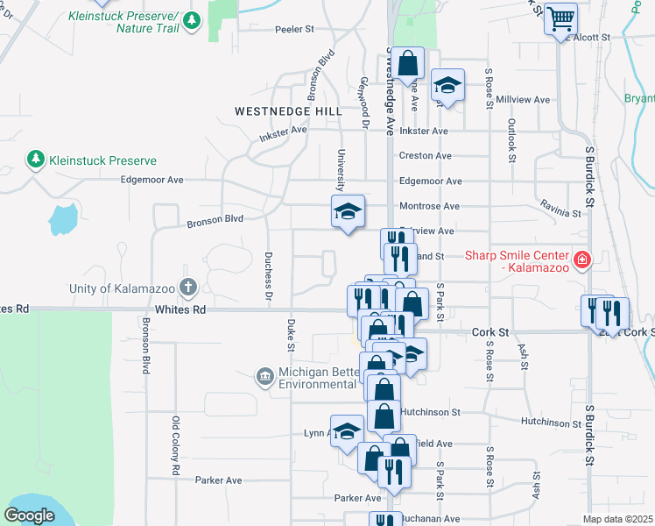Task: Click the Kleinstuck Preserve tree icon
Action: pos(36,160)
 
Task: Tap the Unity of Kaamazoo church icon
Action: pos(187,287)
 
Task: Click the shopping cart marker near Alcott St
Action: pos(561,18)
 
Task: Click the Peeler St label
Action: pos(294,29)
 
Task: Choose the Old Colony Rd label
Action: pos(176,446)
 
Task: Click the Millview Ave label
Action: pos(522,100)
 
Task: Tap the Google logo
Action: pos(30,515)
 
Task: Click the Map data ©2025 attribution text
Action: pos(617,519)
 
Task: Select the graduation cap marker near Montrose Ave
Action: pos(348,211)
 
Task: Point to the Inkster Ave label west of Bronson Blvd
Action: pos(283,131)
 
